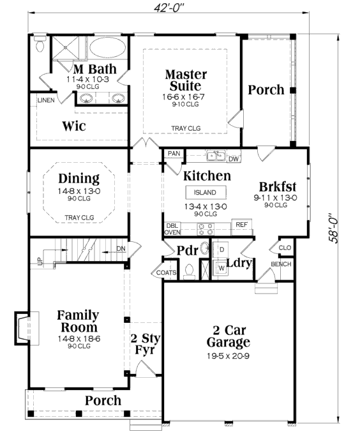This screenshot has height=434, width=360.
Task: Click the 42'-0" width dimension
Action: tap(169, 8)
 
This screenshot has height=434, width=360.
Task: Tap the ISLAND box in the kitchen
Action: tap(206, 192)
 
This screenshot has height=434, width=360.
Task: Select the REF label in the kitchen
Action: tap(241, 225)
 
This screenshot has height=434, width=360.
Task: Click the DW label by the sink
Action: tap(234, 159)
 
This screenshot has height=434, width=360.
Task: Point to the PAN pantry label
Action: tap(174, 153)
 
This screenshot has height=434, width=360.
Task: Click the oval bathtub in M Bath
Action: tap(107, 48)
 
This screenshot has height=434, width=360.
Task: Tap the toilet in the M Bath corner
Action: tap(40, 44)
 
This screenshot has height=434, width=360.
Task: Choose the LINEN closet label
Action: tap(46, 100)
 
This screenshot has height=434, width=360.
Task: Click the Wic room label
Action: tap(74, 126)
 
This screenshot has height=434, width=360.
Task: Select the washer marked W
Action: tap(221, 268)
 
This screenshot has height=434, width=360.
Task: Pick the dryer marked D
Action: tap(221, 250)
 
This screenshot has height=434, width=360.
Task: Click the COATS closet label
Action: tap(166, 273)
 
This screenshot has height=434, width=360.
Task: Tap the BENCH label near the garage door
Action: tap(281, 264)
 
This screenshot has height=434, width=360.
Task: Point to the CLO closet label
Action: tap(285, 248)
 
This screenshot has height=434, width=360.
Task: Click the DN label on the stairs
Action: tap(121, 249)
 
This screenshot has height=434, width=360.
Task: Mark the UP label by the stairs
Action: tap(40, 260)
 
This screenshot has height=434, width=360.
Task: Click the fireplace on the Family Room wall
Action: tap(26, 328)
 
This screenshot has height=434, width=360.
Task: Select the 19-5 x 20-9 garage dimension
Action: tap(229, 355)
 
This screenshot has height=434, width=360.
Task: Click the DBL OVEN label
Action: tap(172, 229)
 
